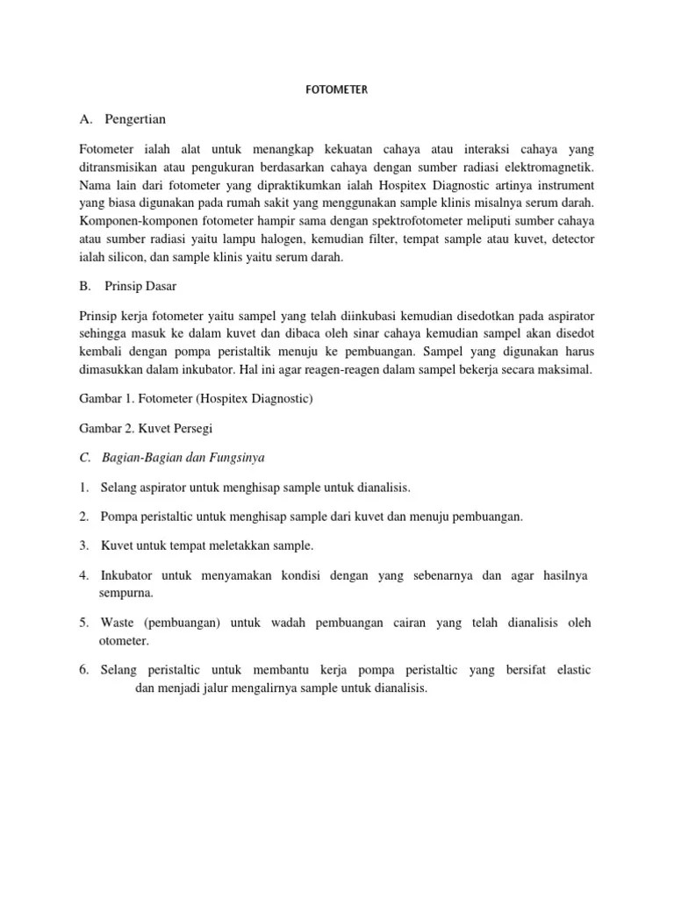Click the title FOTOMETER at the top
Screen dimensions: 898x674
coord(337,89)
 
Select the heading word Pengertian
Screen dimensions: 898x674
coord(134,118)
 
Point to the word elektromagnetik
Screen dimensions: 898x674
coord(550,167)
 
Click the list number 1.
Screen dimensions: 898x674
coord(82,487)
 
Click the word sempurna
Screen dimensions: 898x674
coord(125,593)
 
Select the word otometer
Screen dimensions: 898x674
coord(124,641)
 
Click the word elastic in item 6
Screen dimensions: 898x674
coord(570,670)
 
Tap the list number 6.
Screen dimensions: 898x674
coord(83,670)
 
